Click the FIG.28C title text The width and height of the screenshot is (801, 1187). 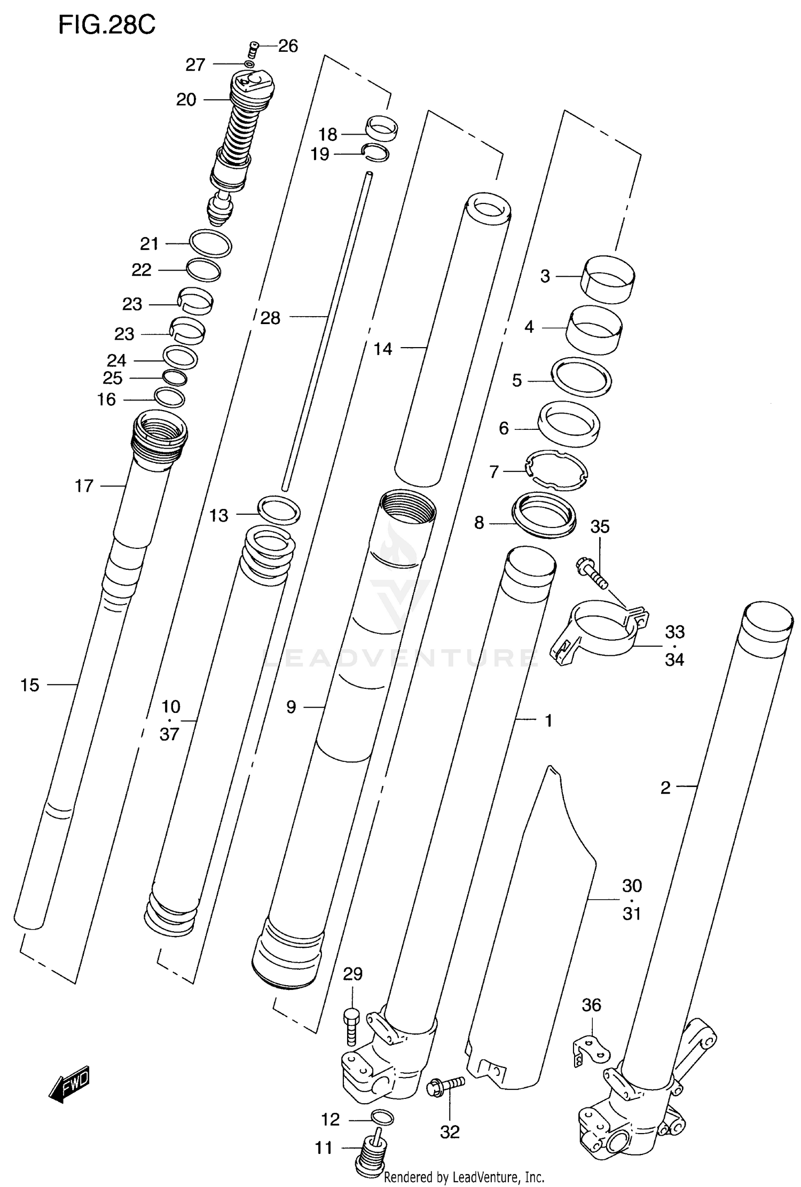(x=107, y=25)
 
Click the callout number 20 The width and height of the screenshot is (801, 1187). (x=186, y=100)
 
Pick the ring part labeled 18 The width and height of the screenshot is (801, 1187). (x=382, y=128)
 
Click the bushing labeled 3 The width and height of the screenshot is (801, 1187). (x=609, y=279)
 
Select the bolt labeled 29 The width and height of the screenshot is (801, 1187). (x=351, y=1025)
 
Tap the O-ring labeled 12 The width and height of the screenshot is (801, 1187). (x=382, y=1116)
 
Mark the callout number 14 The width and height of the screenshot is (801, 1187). (x=382, y=349)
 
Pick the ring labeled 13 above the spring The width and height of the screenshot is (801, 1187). (x=279, y=510)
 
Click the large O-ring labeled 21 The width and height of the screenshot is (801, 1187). (x=210, y=243)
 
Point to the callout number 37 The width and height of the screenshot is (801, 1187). (x=169, y=734)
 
